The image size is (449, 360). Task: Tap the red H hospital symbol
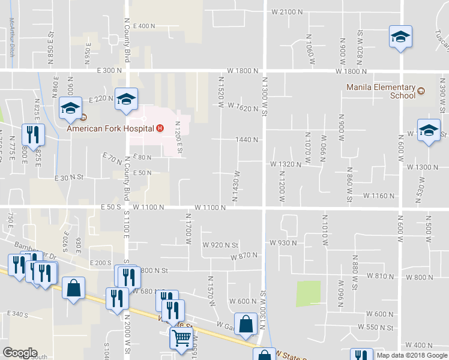[x=160, y=128]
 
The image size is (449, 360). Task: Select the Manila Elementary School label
[x=381, y=91]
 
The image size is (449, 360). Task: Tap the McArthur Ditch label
[x=11, y=35]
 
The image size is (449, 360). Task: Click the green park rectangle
[x=308, y=294]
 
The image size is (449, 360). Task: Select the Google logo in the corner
[x=20, y=353]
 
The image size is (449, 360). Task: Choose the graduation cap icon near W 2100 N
[x=400, y=37]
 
